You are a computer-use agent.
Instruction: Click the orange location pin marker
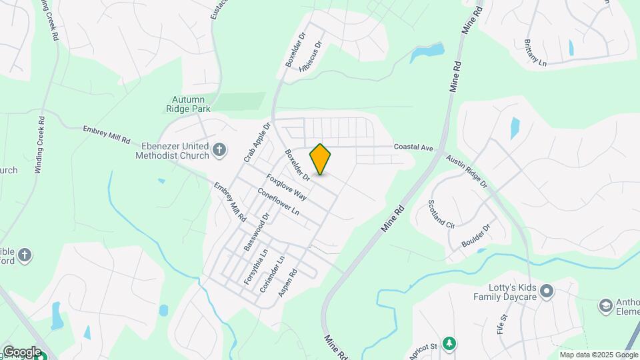tap(321, 159)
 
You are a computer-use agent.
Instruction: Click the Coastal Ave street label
tap(413, 147)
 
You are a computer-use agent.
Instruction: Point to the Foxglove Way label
tap(287, 187)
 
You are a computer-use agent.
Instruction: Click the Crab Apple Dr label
tap(257, 142)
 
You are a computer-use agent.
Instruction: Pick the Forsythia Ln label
tap(255, 267)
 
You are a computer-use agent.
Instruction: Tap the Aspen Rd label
tap(287, 283)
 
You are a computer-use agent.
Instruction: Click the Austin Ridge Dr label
tap(467, 171)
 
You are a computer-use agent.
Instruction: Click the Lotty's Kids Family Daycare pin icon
tap(547, 291)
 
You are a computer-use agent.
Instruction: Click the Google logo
tap(21, 351)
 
